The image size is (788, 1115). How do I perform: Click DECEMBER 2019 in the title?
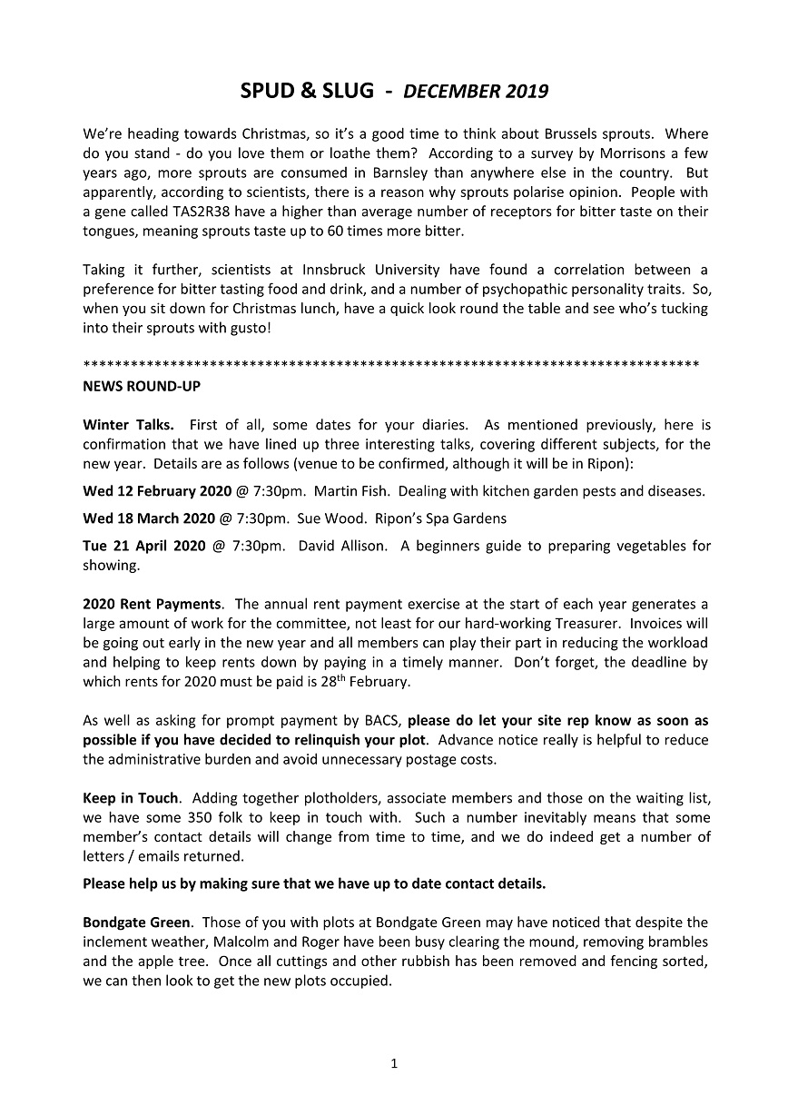476,91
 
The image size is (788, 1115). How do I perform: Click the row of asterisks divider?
390,365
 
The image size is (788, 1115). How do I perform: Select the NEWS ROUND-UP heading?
142,386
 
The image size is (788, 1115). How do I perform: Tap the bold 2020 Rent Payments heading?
152,604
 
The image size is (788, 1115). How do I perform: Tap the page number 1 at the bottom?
394,1063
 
